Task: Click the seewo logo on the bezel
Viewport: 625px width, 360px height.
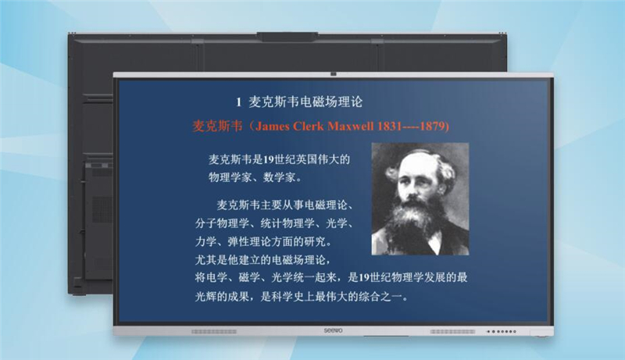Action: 333,330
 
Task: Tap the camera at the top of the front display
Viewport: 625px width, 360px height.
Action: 334,73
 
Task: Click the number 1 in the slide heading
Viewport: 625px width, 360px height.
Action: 238,103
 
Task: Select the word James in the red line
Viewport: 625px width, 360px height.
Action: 273,127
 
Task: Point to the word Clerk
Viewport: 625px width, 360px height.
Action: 308,127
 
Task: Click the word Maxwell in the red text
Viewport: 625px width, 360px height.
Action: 350,127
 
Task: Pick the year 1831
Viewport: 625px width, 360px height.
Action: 388,127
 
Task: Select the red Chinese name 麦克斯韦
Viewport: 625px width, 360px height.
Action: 217,127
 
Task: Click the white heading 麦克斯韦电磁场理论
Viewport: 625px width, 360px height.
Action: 305,102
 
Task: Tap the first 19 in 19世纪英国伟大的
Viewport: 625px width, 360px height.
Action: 268,159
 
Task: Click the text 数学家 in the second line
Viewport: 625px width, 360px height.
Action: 279,177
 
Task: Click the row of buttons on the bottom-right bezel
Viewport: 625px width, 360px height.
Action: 501,331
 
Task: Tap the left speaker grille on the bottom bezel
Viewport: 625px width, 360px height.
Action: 214,331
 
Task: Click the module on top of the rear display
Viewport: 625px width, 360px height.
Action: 287,37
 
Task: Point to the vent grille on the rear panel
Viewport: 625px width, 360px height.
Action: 102,210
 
